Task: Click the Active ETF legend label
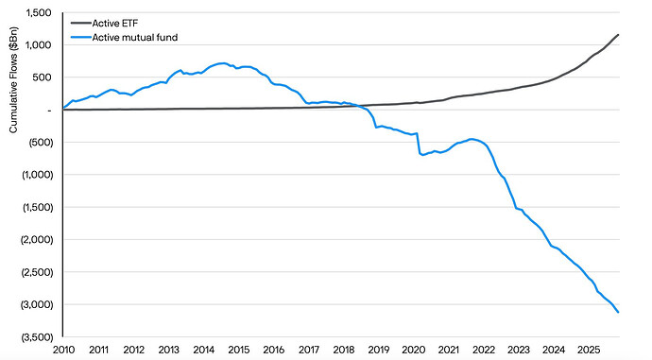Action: pyautogui.click(x=114, y=23)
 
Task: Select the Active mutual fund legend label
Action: pyautogui.click(x=135, y=38)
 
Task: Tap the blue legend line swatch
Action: pyautogui.click(x=81, y=38)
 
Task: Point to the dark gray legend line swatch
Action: pyautogui.click(x=81, y=23)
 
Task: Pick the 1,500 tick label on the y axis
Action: pyautogui.click(x=39, y=13)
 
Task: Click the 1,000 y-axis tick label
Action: pyautogui.click(x=39, y=45)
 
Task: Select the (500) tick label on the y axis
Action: pyautogui.click(x=40, y=143)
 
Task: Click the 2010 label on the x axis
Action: pyautogui.click(x=63, y=350)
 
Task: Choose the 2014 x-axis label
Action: pyautogui.click(x=204, y=350)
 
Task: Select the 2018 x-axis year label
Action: pyautogui.click(x=344, y=350)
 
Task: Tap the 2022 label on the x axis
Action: pyautogui.click(x=484, y=350)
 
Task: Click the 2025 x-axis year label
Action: pyautogui.click(x=589, y=350)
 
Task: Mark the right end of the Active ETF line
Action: pyautogui.click(x=618, y=35)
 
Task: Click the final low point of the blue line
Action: pyautogui.click(x=618, y=312)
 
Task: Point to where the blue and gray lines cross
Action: pyautogui.click(x=357, y=107)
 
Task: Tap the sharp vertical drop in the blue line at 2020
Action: pyautogui.click(x=418, y=144)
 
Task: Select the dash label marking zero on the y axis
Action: pyautogui.click(x=49, y=111)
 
